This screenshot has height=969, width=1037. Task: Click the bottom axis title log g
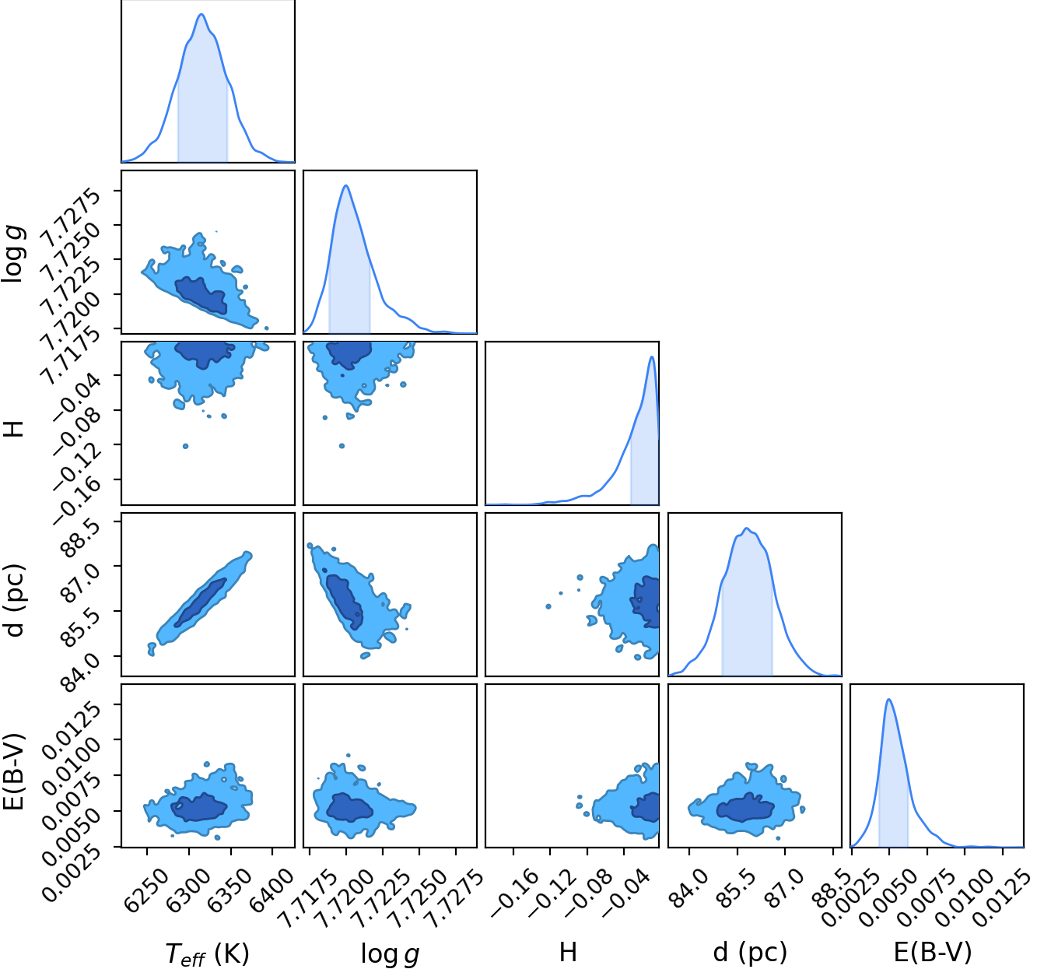390,953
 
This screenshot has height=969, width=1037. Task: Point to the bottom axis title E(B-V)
933,952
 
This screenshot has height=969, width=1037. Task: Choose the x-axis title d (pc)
751,952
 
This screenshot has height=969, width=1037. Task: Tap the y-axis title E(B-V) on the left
13,771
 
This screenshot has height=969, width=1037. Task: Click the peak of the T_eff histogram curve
201,14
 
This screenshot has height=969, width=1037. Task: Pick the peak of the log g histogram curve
345,185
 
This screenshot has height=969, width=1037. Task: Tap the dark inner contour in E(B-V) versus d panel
744,809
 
